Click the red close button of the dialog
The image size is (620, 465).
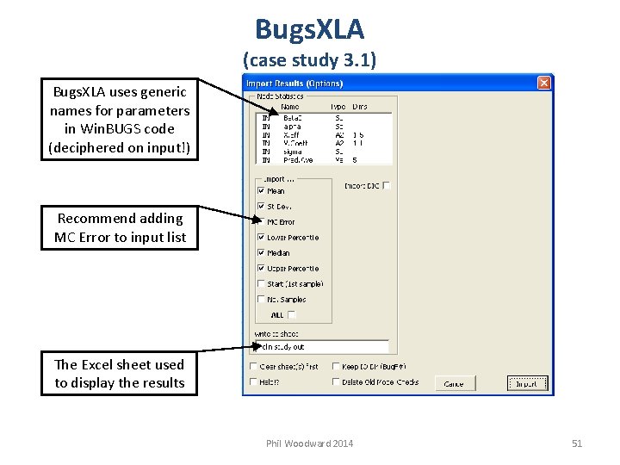[x=543, y=83]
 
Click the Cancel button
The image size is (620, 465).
[x=454, y=383]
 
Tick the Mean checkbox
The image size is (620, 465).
[x=261, y=191]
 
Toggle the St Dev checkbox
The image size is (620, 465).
[x=261, y=207]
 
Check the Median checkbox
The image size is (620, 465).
[x=261, y=253]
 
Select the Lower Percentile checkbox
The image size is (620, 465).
[x=261, y=238]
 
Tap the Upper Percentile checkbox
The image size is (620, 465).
[x=261, y=269]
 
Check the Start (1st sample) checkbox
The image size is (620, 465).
[x=261, y=284]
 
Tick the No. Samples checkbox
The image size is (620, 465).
[x=261, y=300]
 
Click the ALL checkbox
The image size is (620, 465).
[x=292, y=315]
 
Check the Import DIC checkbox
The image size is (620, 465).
[x=387, y=185]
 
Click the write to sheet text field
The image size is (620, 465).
[x=319, y=346]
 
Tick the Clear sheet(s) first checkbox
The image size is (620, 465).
[x=253, y=366]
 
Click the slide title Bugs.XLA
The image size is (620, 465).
[x=309, y=29]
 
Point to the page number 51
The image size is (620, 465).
[x=577, y=443]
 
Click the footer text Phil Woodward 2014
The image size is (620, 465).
[x=309, y=443]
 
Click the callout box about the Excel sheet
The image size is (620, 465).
[x=120, y=374]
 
